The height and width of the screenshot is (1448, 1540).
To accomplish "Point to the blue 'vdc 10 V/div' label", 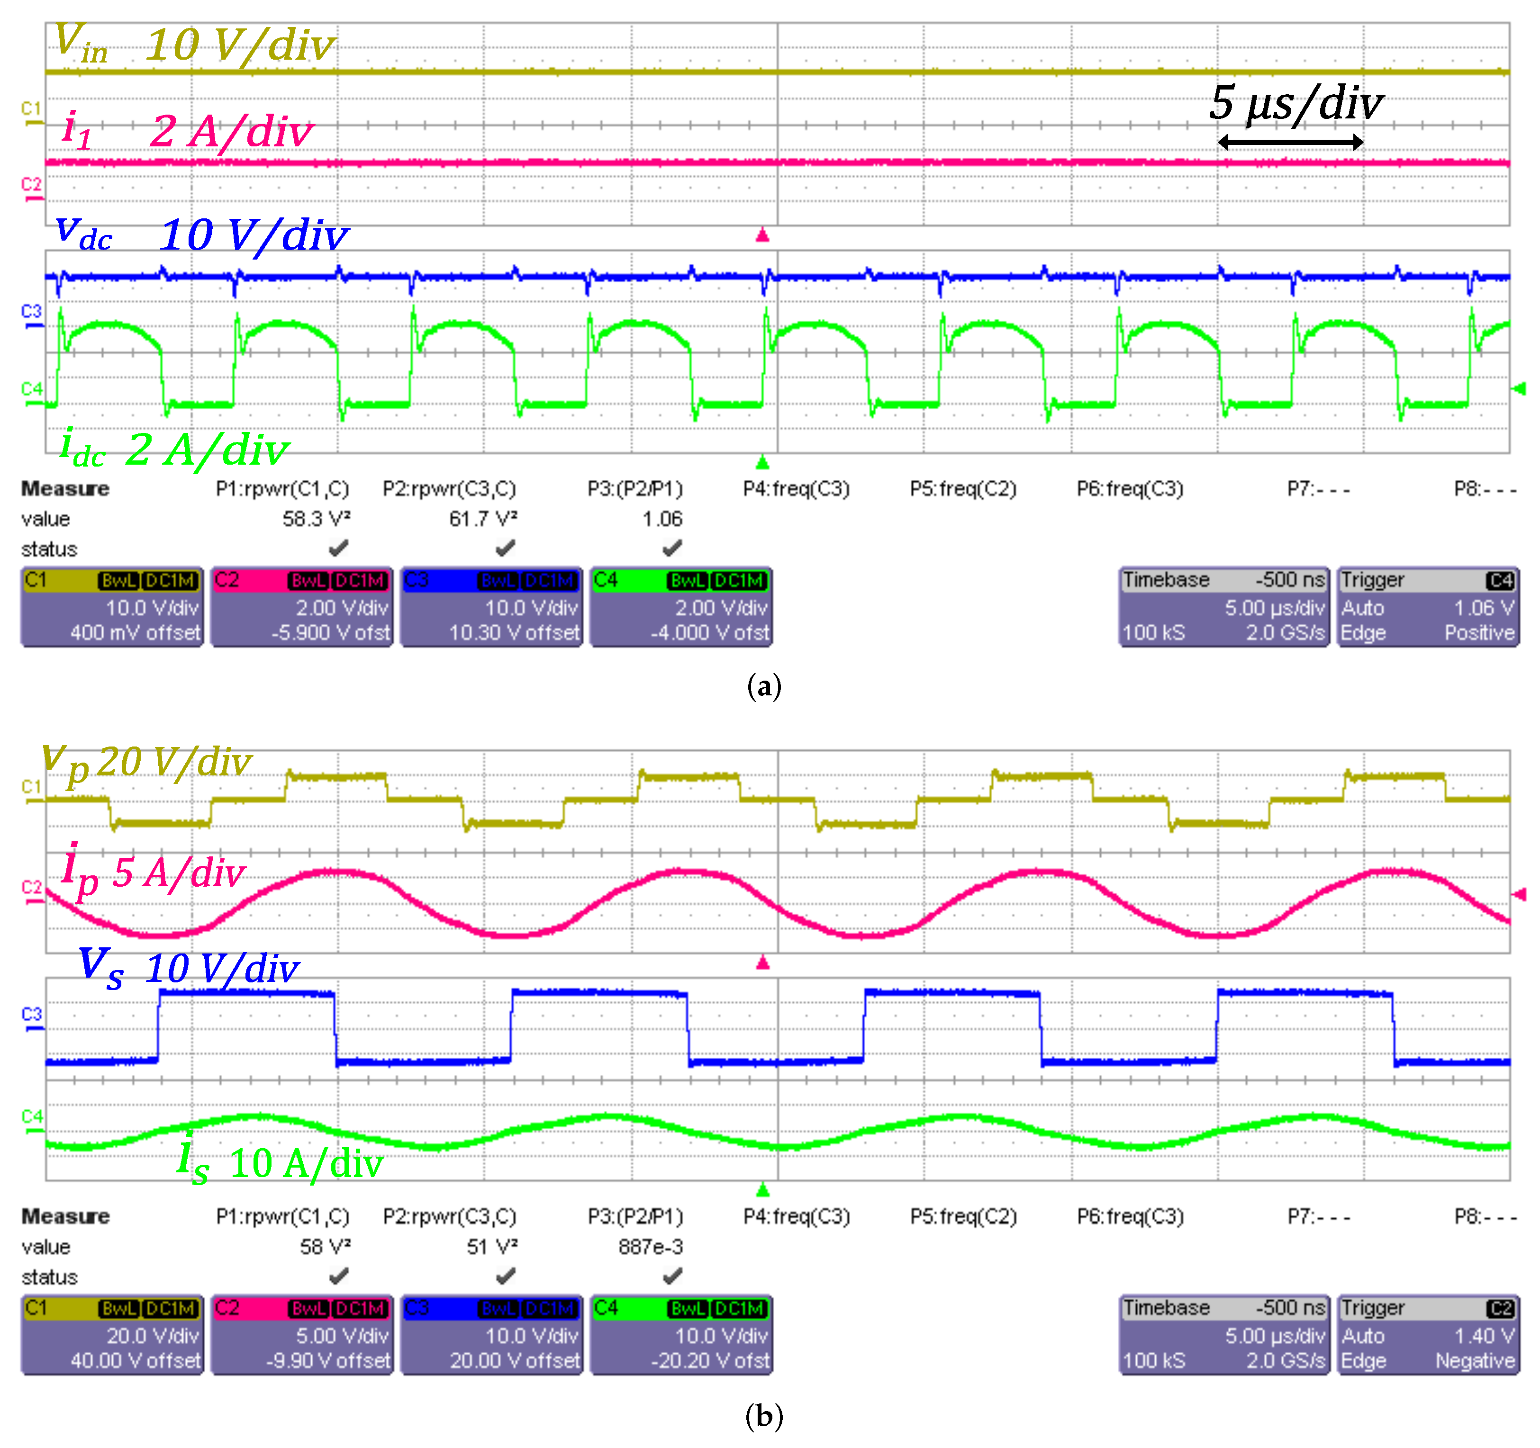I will (201, 234).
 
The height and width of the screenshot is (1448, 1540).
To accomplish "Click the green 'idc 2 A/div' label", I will (174, 449).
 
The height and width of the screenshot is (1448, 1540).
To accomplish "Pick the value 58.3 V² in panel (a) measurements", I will (316, 519).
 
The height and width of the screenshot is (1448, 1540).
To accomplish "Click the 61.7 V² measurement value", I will (482, 519).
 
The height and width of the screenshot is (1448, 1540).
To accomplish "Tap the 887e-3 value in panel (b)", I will (651, 1247).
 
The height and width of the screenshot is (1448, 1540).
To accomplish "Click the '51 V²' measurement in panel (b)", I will (492, 1247).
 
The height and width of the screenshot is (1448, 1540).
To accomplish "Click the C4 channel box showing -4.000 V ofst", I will (681, 607).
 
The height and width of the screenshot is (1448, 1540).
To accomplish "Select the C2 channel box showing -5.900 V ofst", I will (301, 607).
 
